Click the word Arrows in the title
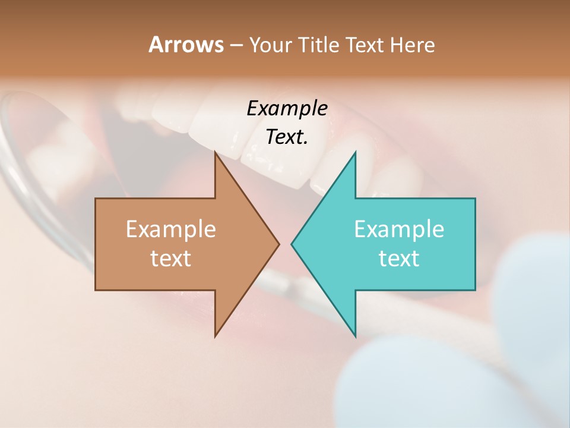[185, 45]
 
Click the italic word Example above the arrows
[287, 108]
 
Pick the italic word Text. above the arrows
[287, 137]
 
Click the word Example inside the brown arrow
[171, 229]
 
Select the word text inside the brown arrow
[171, 259]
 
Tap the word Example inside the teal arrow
[399, 229]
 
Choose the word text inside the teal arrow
[399, 259]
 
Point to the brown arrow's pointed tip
[278, 244]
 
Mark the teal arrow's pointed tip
[292, 244]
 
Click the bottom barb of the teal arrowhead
[354, 335]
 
